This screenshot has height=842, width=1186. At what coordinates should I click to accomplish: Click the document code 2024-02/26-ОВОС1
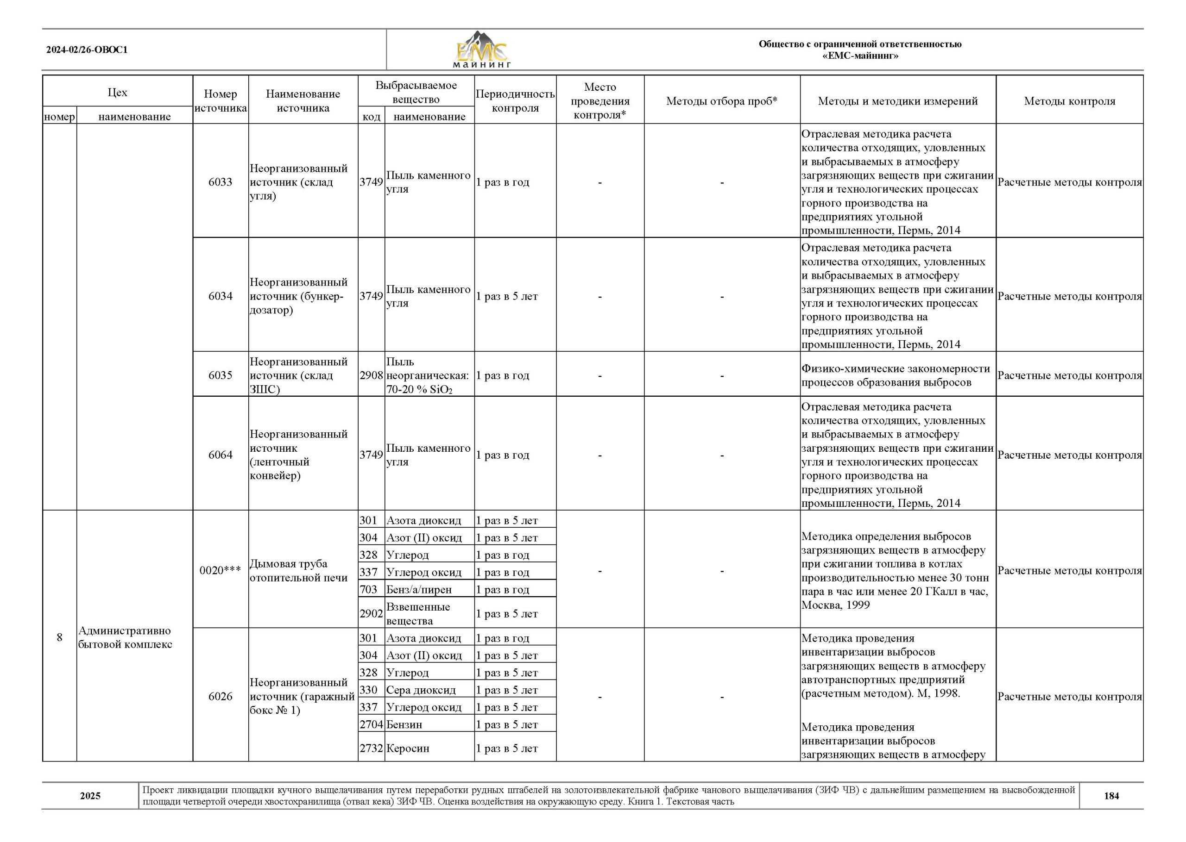87,50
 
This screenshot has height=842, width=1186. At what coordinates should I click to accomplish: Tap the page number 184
1111,796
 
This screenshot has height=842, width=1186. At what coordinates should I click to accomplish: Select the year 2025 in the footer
90,796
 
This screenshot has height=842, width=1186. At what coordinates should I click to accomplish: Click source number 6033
221,182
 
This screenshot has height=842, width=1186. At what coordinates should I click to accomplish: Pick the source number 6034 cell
221,296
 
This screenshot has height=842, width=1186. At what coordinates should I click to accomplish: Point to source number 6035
221,375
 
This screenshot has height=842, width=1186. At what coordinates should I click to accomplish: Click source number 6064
221,455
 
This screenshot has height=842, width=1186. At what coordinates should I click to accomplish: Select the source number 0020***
221,570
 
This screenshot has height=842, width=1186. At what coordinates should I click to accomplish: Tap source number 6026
221,696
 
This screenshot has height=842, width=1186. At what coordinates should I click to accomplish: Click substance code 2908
372,375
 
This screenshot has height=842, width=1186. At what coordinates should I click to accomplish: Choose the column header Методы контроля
1069,101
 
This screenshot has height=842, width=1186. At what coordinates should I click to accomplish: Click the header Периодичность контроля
515,101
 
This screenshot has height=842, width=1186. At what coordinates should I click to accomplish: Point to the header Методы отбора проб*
722,101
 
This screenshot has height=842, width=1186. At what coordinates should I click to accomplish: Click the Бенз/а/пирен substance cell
419,590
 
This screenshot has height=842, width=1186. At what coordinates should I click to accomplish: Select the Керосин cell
408,748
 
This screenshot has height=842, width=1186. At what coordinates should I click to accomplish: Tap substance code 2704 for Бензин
372,724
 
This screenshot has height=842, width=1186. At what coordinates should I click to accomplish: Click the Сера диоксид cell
421,690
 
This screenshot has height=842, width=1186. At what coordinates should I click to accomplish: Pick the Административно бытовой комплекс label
125,637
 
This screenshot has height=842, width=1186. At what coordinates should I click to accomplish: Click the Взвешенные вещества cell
418,613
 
